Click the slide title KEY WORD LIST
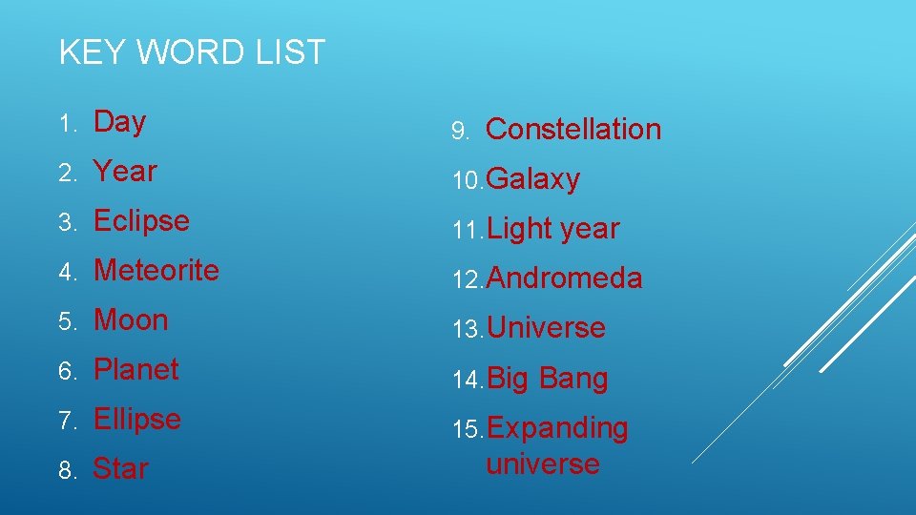192,52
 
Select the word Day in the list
119,122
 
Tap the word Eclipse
141,221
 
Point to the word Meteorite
156,271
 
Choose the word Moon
131,320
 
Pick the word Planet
136,370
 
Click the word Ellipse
137,420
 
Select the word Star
120,469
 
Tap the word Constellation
572,130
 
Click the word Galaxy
532,179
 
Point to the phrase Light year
552,229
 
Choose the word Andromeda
564,278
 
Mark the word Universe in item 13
546,328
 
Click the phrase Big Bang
547,379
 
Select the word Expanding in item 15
557,428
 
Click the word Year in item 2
125,172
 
